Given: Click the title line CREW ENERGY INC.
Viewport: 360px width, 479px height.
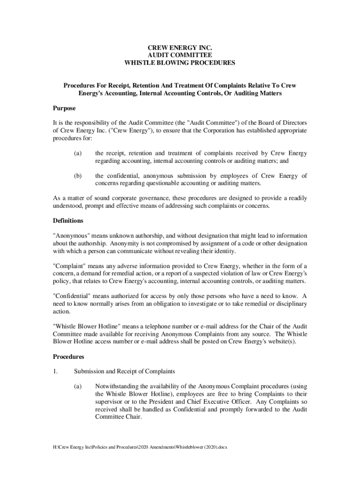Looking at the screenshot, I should pyautogui.click(x=180, y=48).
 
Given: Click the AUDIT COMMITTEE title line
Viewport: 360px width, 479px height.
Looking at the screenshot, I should pyautogui.click(x=180, y=55).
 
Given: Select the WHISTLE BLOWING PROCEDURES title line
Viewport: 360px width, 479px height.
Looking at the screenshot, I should pyautogui.click(x=180, y=62).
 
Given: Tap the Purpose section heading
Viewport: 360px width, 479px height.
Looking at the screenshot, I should pyautogui.click(x=64, y=109).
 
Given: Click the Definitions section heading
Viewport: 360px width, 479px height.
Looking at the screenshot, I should pyautogui.click(x=68, y=220).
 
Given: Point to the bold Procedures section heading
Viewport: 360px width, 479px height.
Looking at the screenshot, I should pyautogui.click(x=68, y=356).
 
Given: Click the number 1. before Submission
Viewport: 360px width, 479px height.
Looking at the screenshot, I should pyautogui.click(x=55, y=371).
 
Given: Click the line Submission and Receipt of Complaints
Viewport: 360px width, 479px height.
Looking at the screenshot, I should pyautogui.click(x=124, y=371).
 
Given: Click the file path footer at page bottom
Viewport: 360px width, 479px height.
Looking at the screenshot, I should pyautogui.click(x=139, y=447).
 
